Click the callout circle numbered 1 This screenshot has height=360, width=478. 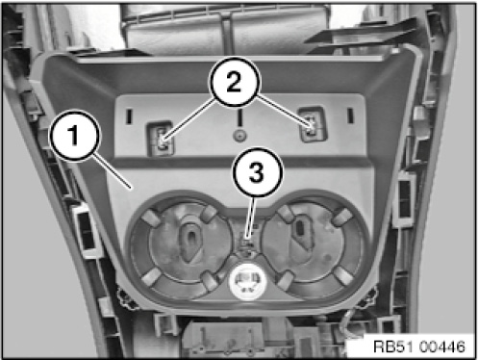(74, 135)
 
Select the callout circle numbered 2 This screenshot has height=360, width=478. (235, 82)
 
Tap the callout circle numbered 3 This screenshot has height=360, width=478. (258, 172)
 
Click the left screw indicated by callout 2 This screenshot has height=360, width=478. (163, 141)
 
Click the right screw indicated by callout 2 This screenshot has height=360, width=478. (311, 127)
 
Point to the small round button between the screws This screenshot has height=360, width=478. (239, 136)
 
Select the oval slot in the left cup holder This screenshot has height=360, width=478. (190, 240)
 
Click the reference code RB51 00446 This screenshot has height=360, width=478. (419, 347)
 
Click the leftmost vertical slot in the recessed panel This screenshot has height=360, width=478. (129, 116)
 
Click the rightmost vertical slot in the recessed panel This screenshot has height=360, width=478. (350, 115)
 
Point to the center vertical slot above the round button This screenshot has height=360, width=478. (239, 117)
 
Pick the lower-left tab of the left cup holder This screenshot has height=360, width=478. (150, 276)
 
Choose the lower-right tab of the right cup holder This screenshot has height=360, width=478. (343, 275)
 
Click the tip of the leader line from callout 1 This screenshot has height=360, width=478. (130, 188)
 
